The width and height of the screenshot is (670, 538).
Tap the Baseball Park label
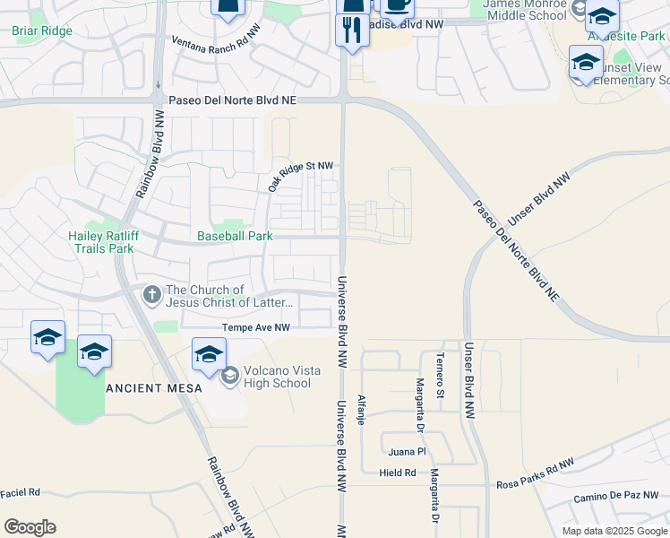pyautogui.click(x=235, y=237)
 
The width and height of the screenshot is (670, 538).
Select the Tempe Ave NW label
pyautogui.click(x=257, y=328)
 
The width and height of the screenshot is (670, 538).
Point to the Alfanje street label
pyautogui.click(x=361, y=409)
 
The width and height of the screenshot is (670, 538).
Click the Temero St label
pyautogui.click(x=440, y=375)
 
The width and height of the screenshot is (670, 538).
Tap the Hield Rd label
pyautogui.click(x=398, y=473)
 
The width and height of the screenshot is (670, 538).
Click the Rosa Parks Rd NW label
pyautogui.click(x=535, y=474)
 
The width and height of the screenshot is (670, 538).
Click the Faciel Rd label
pyautogui.click(x=21, y=492)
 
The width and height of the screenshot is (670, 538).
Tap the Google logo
pyautogui.click(x=30, y=527)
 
